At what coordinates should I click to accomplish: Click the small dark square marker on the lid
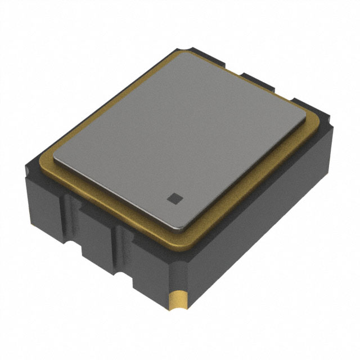[x=174, y=197]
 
